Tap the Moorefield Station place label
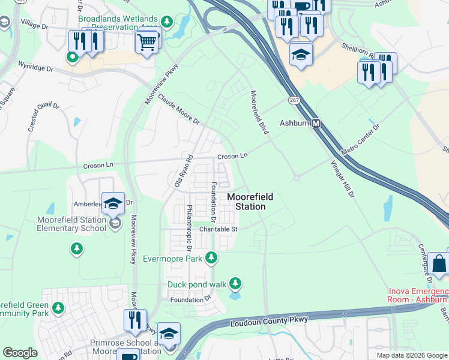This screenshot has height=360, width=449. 246,202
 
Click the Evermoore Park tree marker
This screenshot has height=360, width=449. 211,258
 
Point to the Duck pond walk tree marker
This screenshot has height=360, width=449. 235,283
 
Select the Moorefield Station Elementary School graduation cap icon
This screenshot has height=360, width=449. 112,204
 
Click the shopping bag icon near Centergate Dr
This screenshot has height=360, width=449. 439,263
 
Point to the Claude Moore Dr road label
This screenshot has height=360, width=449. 179,112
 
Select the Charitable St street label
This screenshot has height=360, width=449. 219,229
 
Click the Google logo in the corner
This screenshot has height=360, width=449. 20,353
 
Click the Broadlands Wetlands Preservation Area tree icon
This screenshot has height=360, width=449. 166,23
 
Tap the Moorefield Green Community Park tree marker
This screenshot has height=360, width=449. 58,308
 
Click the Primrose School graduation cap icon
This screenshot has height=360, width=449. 169,334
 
